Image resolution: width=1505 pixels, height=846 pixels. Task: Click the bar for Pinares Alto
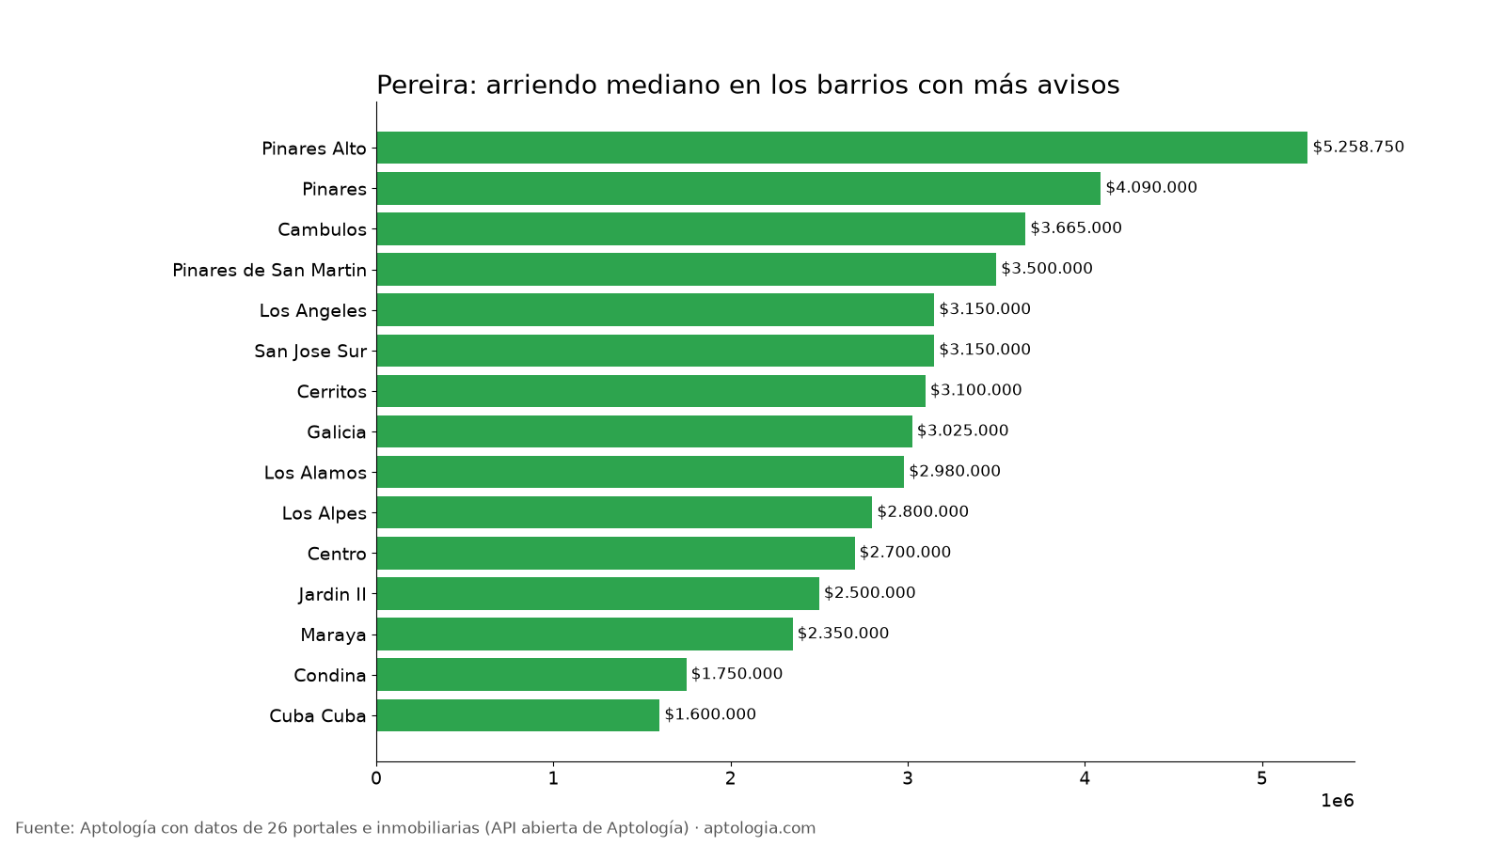click(x=842, y=148)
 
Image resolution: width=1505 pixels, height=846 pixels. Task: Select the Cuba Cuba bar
click(x=518, y=715)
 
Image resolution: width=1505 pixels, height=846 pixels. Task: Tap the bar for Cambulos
click(x=701, y=229)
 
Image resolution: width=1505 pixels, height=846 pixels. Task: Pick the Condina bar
click(x=531, y=674)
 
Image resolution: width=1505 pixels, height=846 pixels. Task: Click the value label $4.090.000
click(x=1151, y=187)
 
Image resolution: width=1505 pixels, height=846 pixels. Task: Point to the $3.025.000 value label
click(x=963, y=431)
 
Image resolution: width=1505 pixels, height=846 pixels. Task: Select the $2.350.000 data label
click(x=843, y=634)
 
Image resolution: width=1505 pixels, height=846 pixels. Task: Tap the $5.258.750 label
click(x=1358, y=147)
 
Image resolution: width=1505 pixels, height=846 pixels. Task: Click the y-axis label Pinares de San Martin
click(x=269, y=270)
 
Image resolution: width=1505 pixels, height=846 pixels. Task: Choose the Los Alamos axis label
click(x=315, y=473)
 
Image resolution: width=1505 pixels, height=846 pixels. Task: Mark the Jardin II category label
click(x=333, y=595)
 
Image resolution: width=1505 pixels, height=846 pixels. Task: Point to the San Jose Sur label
click(x=310, y=352)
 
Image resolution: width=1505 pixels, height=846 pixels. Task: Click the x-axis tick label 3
click(x=908, y=779)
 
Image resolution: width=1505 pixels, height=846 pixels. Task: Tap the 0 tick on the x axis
click(x=376, y=779)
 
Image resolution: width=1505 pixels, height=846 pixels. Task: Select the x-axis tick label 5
click(x=1261, y=779)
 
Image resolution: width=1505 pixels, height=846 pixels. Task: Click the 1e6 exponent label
click(x=1337, y=801)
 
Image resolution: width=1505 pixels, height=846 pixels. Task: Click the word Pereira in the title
click(x=425, y=86)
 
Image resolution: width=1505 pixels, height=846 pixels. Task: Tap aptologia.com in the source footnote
click(x=759, y=828)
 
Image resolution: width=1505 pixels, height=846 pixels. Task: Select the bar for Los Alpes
click(x=625, y=512)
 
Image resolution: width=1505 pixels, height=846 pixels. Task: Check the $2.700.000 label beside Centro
click(x=905, y=552)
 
